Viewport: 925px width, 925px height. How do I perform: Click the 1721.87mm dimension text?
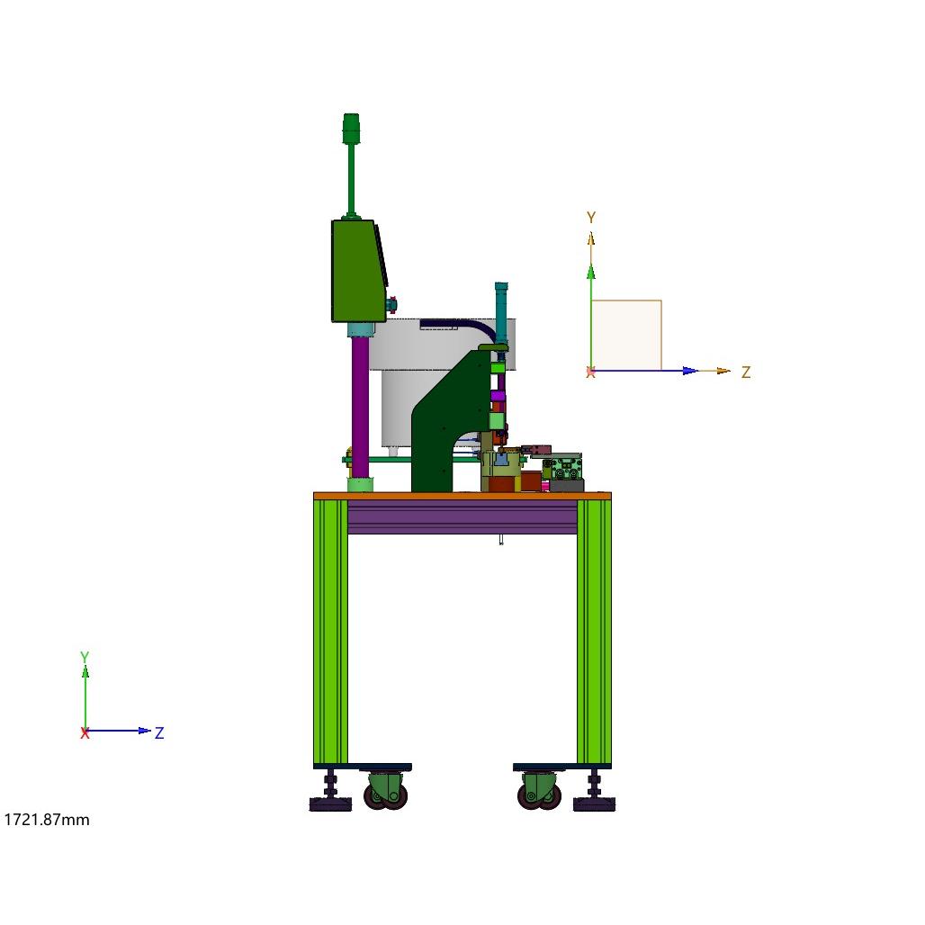pos(47,820)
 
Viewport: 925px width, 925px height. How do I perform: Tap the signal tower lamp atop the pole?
pos(351,129)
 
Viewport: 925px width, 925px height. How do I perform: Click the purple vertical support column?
pos(360,407)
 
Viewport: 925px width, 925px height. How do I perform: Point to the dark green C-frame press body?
pos(443,425)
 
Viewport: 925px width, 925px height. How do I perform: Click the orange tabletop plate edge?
pos(462,496)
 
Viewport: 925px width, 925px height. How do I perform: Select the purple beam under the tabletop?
pos(462,516)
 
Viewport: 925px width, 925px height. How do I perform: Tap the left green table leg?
pos(330,632)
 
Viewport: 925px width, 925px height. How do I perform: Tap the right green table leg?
pos(594,632)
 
